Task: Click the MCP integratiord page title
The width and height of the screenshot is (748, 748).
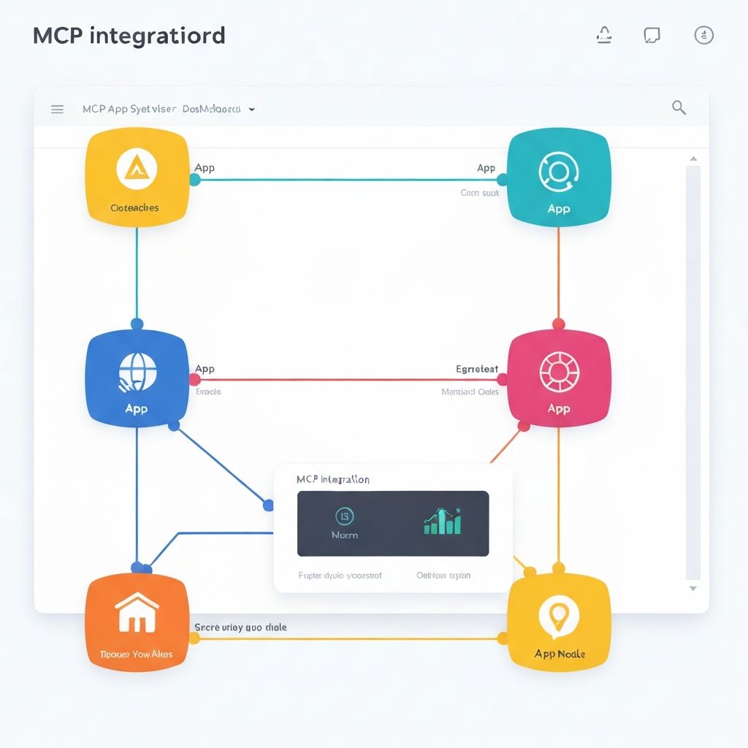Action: point(129,36)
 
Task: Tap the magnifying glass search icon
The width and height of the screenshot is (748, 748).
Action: point(679,108)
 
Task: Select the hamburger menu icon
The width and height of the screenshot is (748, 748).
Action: point(57,110)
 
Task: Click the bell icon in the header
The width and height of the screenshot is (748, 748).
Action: point(604,35)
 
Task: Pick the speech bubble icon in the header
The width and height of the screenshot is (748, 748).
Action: point(652,35)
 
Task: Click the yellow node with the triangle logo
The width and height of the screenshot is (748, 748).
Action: point(136,178)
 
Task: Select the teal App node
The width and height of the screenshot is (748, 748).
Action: point(558,178)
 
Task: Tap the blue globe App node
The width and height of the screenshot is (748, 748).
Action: point(137,379)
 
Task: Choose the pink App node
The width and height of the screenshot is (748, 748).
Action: point(558,378)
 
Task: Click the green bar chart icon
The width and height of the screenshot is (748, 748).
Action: point(442,521)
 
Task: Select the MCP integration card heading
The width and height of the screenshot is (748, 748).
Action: point(333,480)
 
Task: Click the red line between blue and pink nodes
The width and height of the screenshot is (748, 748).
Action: point(351,380)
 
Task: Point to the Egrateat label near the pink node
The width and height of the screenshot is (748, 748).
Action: point(476,369)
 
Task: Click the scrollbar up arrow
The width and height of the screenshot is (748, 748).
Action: point(693,159)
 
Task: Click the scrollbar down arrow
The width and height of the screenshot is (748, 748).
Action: point(693,588)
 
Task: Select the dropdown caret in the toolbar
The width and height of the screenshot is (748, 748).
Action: point(252,110)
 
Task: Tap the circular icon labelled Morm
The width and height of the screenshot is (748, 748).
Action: point(344,516)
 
